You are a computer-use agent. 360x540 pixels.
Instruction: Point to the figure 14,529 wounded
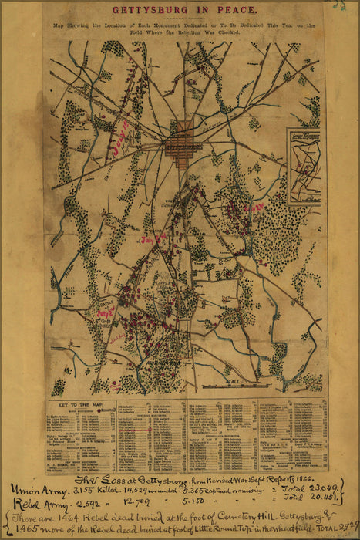point(146,491)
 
